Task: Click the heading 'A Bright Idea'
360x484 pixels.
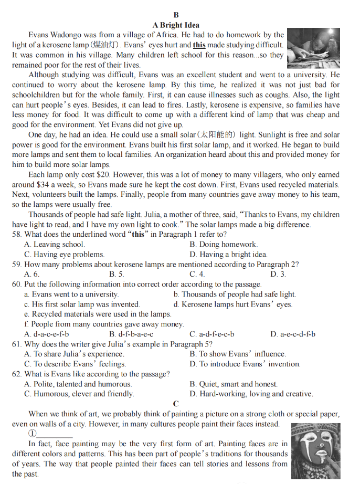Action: (x=176, y=25)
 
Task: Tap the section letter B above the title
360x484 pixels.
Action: (x=176, y=15)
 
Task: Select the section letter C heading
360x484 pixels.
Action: (x=176, y=404)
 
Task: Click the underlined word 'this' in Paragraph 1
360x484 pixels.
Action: (x=199, y=45)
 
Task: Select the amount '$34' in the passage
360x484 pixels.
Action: (x=46, y=185)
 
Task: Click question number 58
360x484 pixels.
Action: (x=17, y=234)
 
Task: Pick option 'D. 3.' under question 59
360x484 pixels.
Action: (x=278, y=274)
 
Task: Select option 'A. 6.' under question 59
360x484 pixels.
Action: (x=32, y=274)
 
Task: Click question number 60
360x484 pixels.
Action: (x=17, y=284)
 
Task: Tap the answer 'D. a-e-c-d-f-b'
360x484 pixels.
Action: (x=293, y=334)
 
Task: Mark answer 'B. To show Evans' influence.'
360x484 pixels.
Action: (x=238, y=354)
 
